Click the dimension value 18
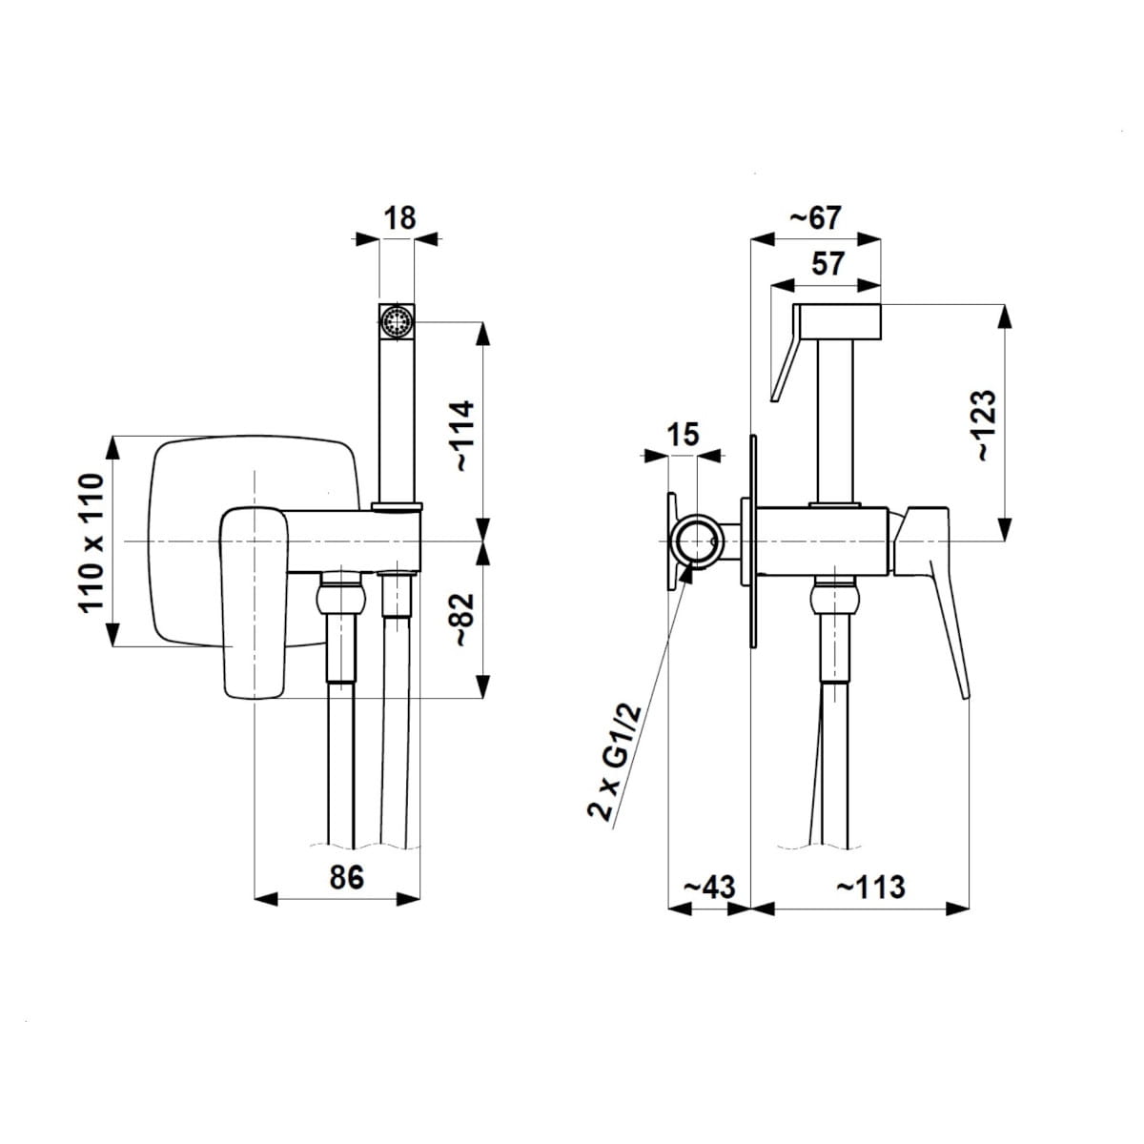[399, 218]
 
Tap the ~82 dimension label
[463, 620]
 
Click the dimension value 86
[346, 877]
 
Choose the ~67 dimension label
[815, 218]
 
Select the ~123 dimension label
[985, 424]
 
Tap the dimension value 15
[684, 434]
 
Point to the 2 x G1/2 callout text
[615, 763]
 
